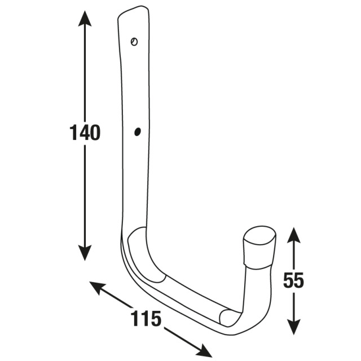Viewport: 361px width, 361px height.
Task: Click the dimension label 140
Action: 85,133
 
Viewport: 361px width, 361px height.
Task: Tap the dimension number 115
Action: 146,318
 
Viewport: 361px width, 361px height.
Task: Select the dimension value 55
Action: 293,280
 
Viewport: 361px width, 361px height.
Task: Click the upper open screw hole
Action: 134,42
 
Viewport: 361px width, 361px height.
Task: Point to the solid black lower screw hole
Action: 138,131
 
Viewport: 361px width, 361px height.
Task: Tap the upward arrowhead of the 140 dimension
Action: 85,19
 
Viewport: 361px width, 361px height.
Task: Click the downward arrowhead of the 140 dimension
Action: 85,253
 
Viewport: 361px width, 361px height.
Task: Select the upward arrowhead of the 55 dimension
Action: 293,235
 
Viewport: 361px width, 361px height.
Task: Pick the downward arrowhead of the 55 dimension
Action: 293,327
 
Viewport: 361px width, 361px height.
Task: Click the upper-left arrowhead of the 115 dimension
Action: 98,287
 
